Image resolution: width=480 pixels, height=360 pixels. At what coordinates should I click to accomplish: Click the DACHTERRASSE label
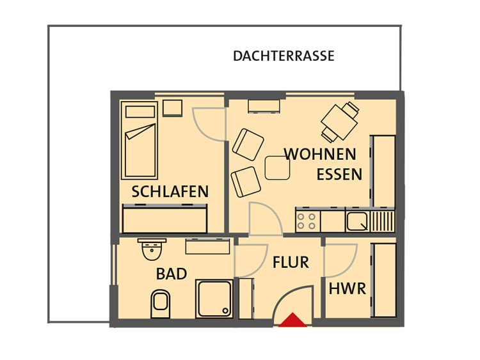point(284,56)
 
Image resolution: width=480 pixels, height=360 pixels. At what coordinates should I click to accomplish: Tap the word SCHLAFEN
point(170,191)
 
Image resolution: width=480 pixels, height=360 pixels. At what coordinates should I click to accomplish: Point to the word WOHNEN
point(320,154)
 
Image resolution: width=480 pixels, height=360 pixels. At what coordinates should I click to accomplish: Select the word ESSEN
point(339,175)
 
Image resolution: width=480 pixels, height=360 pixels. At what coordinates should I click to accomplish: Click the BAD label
point(172,274)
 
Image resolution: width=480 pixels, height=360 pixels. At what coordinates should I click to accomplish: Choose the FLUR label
point(291,262)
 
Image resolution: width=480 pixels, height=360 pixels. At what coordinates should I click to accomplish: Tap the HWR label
point(347,289)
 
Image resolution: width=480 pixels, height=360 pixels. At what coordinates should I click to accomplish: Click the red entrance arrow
point(292,320)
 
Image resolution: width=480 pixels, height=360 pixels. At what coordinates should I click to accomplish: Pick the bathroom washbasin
point(152,249)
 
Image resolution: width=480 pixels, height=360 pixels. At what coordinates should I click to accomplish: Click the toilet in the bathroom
point(161,304)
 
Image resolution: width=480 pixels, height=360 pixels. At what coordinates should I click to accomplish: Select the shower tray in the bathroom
point(214,299)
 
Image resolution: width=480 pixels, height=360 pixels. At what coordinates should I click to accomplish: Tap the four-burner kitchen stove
point(308,221)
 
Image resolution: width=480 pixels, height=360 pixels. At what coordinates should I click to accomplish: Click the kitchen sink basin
point(357,221)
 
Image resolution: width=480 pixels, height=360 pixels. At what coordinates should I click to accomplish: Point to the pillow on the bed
point(140,112)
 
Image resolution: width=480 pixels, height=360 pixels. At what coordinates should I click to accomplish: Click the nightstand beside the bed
point(172,108)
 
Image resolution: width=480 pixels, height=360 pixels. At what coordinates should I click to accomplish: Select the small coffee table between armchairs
point(277,168)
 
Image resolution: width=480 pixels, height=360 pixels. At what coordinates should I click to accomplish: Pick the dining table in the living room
point(339,122)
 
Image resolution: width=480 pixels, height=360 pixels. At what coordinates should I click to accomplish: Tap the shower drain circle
point(225,311)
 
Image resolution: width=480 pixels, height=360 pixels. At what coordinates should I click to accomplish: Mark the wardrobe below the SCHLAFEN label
point(164,219)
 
